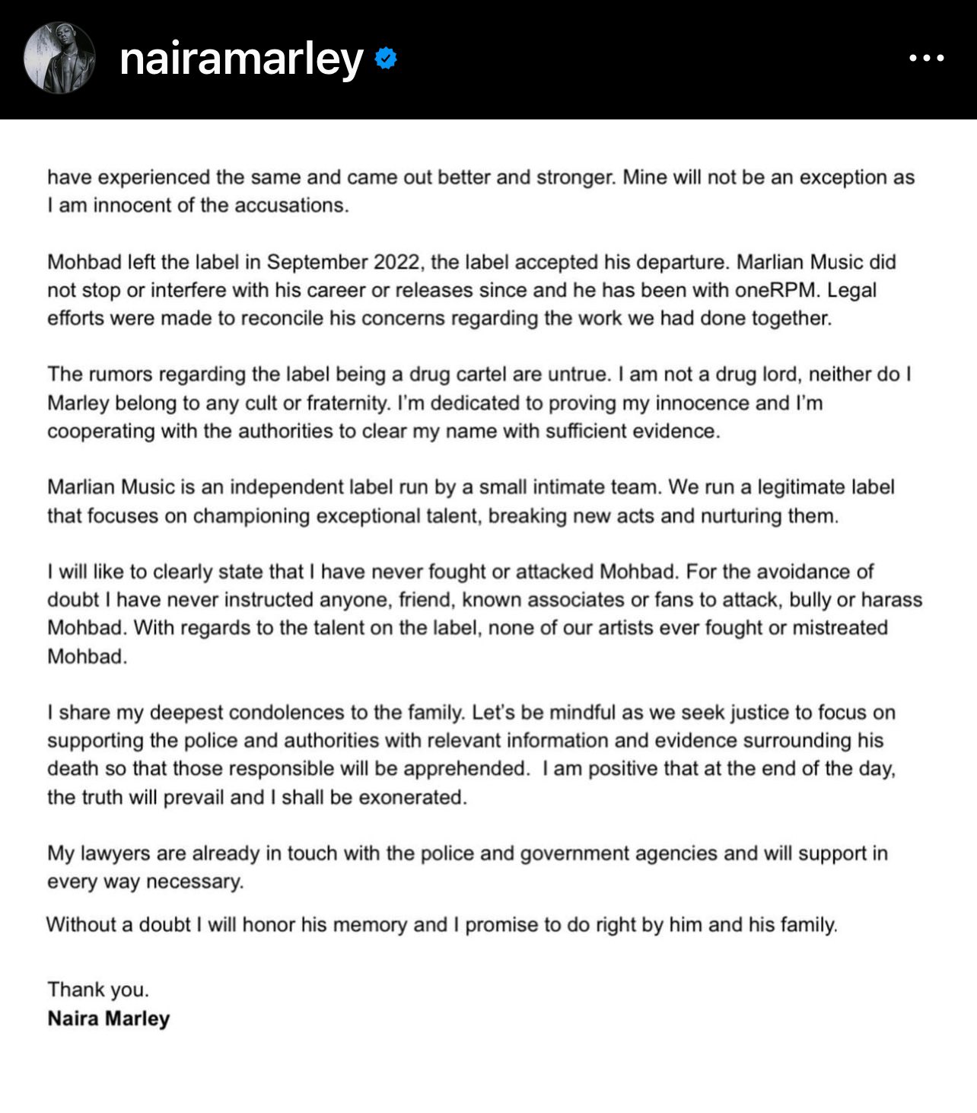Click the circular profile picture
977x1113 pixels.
pos(59,58)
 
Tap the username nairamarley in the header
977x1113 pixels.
pos(241,59)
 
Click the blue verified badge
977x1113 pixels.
pos(387,58)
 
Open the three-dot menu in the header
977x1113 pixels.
pos(927,58)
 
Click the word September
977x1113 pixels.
pos(317,262)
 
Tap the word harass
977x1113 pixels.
pos(892,600)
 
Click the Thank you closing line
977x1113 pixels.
pos(98,990)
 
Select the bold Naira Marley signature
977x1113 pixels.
pos(108,1019)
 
